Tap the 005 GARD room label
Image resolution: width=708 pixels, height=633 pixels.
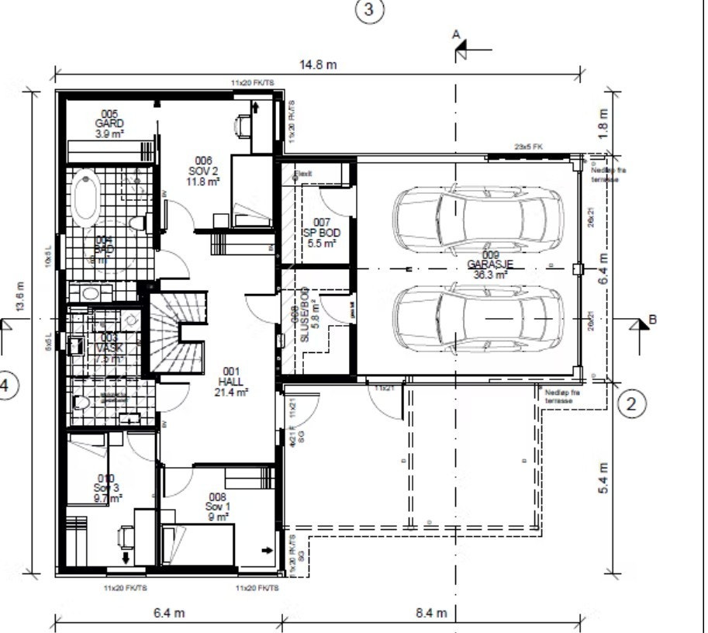tap(109, 123)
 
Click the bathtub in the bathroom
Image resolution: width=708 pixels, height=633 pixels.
tap(86, 199)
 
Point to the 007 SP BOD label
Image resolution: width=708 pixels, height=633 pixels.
tap(322, 233)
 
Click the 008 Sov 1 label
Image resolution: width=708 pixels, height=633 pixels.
tap(217, 507)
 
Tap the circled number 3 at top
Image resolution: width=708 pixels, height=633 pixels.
tap(369, 10)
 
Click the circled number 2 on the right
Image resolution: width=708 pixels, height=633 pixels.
tap(632, 403)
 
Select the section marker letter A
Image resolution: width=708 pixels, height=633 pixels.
tap(457, 34)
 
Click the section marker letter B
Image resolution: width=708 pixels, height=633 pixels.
tap(653, 318)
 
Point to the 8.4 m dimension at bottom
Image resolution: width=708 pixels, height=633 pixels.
tap(431, 613)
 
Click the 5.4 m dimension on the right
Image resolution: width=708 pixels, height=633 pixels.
tap(604, 479)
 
